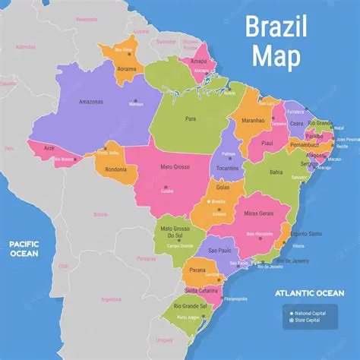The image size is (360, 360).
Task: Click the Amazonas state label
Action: [91, 100]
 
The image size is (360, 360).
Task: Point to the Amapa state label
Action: [198, 62]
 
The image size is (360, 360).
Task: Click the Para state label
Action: [191, 118]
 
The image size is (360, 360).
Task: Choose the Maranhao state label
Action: [252, 119]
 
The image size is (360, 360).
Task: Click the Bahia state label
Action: [276, 172]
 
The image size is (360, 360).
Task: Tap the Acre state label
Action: [49, 148]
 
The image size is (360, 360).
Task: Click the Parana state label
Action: [198, 270]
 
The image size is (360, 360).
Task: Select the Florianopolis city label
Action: [235, 298]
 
